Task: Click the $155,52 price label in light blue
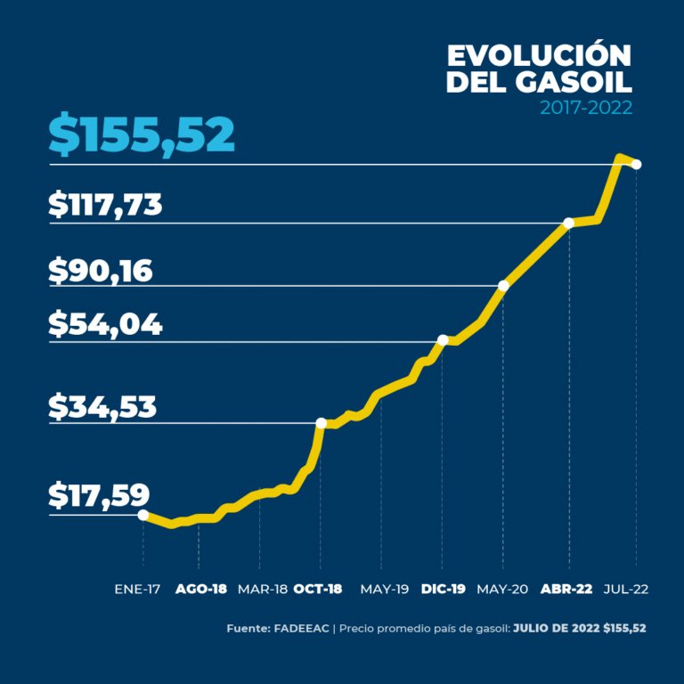pyautogui.click(x=142, y=134)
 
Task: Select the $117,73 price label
pyautogui.click(x=105, y=205)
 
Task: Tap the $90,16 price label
pyautogui.click(x=101, y=271)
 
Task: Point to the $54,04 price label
pyautogui.click(x=105, y=325)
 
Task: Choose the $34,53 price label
pyautogui.click(x=102, y=407)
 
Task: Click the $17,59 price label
pyautogui.click(x=99, y=495)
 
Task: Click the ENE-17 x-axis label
pyautogui.click(x=139, y=590)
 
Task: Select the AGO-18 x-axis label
pyautogui.click(x=200, y=590)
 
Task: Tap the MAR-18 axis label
pyautogui.click(x=262, y=590)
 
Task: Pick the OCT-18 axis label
pyautogui.click(x=317, y=590)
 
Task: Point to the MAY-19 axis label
pyautogui.click(x=384, y=590)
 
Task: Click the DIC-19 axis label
pyautogui.click(x=444, y=590)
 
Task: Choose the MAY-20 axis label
pyautogui.click(x=503, y=590)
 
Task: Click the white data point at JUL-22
pyautogui.click(x=636, y=165)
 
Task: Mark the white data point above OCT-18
pyautogui.click(x=321, y=423)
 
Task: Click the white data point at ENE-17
pyautogui.click(x=143, y=514)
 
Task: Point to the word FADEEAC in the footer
pyautogui.click(x=300, y=628)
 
